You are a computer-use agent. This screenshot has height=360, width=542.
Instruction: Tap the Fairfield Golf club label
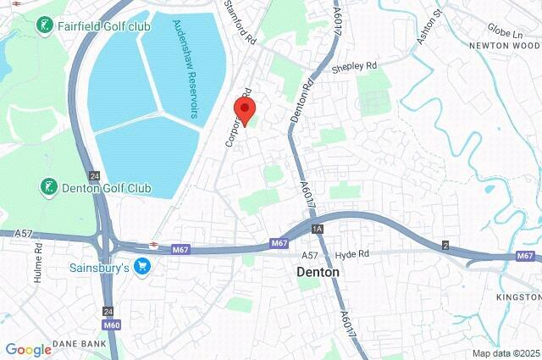(x=103, y=26)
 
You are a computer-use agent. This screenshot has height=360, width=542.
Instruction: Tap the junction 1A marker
(x=317, y=230)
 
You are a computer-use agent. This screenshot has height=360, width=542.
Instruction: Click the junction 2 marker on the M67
(x=445, y=245)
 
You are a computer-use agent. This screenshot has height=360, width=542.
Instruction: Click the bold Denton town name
(x=318, y=273)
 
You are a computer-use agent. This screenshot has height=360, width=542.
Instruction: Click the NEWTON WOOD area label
(x=506, y=45)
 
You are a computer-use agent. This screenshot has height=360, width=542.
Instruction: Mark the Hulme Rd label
(x=38, y=260)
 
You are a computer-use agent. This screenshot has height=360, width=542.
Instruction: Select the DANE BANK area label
(x=79, y=344)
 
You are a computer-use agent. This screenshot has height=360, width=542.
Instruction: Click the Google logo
(x=28, y=349)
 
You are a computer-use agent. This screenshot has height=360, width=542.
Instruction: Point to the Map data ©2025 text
(x=505, y=353)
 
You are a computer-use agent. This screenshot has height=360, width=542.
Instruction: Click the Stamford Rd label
(x=240, y=23)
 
